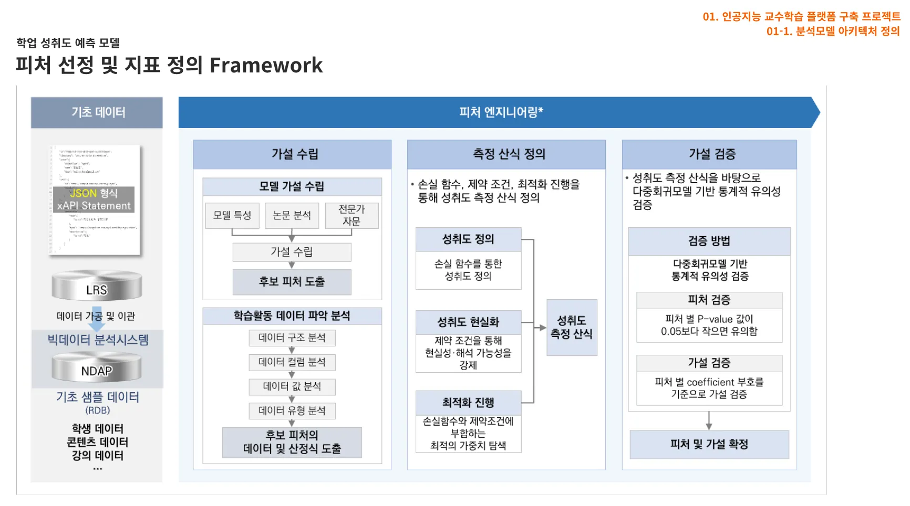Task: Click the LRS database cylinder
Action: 97,286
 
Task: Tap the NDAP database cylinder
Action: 97,367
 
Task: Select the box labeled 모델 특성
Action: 232,215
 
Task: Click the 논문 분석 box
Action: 292,215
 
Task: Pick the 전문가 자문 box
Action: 351,215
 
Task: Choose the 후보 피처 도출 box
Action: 292,282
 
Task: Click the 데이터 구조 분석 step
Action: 292,338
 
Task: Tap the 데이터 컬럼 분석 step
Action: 292,362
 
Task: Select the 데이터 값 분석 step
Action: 292,386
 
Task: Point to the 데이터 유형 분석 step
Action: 292,410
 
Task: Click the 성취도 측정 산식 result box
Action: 571,327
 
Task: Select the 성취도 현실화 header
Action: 468,322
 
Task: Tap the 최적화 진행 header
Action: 468,403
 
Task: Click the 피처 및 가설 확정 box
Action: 709,444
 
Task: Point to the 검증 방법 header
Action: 709,241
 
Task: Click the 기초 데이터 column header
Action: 97,112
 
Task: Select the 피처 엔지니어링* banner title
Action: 501,112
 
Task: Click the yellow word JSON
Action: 83,193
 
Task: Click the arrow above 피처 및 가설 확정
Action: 709,420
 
